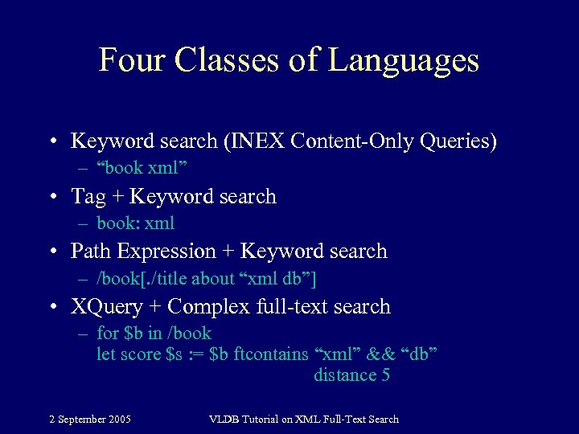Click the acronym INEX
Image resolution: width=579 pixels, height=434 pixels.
[257, 141]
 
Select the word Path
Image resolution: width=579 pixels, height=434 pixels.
[91, 252]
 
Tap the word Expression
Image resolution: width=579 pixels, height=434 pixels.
[166, 252]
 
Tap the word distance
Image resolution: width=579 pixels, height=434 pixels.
[345, 375]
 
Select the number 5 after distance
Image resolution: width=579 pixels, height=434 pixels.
[385, 375]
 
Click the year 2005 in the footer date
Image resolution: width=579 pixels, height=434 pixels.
[118, 419]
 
